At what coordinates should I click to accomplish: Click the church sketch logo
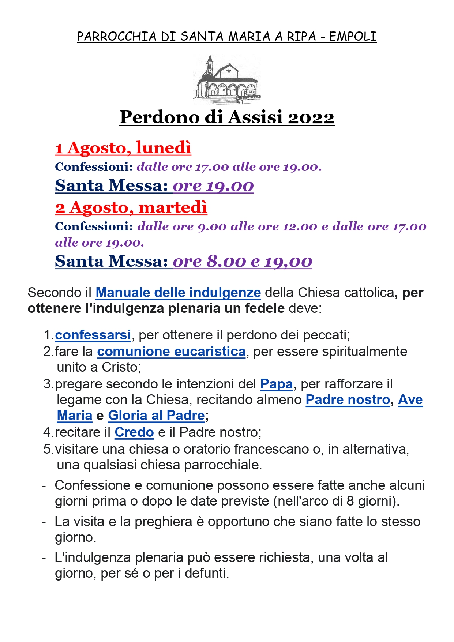click(x=227, y=79)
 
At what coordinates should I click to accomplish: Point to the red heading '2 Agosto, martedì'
click(x=131, y=207)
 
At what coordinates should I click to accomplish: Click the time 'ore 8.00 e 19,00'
click(x=242, y=261)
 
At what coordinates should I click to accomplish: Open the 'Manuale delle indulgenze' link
click(x=178, y=293)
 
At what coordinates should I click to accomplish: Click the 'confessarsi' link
click(x=93, y=335)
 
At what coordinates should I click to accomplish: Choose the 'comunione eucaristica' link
click(x=171, y=352)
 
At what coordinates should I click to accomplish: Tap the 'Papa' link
click(x=277, y=384)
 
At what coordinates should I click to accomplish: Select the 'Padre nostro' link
click(x=348, y=400)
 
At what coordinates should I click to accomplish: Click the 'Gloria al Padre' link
click(x=156, y=416)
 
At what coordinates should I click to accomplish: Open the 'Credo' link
click(x=134, y=432)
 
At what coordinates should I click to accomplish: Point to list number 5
click(x=48, y=449)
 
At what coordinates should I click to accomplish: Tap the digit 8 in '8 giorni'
click(x=350, y=501)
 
